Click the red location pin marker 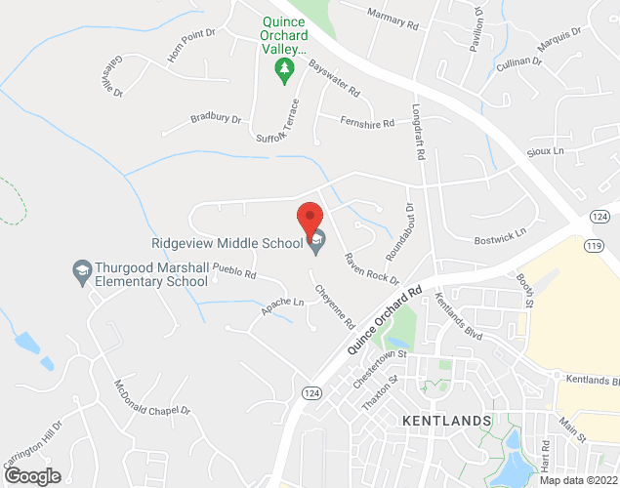[x=310, y=216]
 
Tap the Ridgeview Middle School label [x=227, y=243]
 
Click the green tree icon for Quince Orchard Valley [x=283, y=68]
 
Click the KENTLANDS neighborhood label [x=445, y=420]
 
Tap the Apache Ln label [x=283, y=307]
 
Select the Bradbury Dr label [x=216, y=119]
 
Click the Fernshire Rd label [x=367, y=123]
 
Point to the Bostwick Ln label [x=499, y=236]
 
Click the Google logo [x=31, y=476]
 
